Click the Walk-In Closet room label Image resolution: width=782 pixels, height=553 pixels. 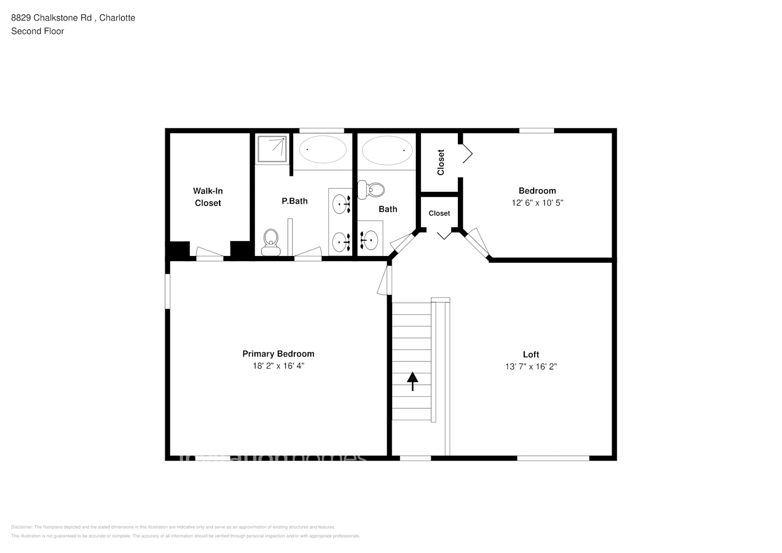pyautogui.click(x=208, y=197)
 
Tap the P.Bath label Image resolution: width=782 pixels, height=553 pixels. pyautogui.click(x=294, y=201)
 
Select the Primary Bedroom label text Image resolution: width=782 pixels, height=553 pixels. pyautogui.click(x=278, y=354)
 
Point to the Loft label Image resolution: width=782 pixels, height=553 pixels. pyautogui.click(x=531, y=354)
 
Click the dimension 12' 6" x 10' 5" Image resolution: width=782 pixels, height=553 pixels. pyautogui.click(x=537, y=203)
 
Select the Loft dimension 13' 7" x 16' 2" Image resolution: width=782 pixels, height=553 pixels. pyautogui.click(x=531, y=367)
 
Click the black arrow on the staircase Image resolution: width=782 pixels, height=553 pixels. pyautogui.click(x=413, y=381)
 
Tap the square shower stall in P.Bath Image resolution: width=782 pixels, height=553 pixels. pyautogui.click(x=272, y=149)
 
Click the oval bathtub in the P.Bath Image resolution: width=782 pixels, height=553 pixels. pyautogui.click(x=323, y=149)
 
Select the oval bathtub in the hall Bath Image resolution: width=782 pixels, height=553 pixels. pyautogui.click(x=387, y=149)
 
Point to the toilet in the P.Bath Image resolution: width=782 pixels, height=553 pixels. pyautogui.click(x=270, y=242)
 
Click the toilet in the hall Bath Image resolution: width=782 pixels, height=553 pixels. pyautogui.click(x=371, y=190)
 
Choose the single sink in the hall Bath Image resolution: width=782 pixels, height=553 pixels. pyautogui.click(x=369, y=239)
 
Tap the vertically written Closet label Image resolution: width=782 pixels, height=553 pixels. pyautogui.click(x=441, y=162)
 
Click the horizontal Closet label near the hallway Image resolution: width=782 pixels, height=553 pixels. pyautogui.click(x=439, y=213)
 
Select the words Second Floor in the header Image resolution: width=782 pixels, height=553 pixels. pyautogui.click(x=38, y=32)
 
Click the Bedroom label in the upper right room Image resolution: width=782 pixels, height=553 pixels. pyautogui.click(x=537, y=191)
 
